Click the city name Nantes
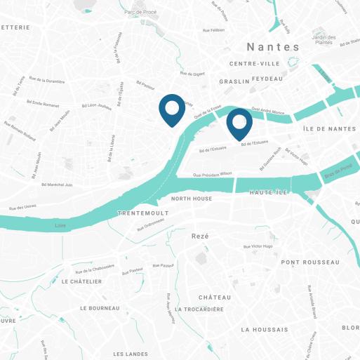pos(273,46)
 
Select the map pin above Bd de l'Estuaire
pos(239,124)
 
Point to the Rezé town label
pos(201,236)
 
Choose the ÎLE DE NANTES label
pos(329,129)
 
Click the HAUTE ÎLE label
pos(269,192)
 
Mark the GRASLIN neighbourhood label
pos(234,81)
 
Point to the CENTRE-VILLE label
pos(255,64)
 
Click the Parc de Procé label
pos(140,12)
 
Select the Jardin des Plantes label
pos(324,39)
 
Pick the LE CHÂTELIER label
pos(81,281)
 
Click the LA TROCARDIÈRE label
pos(199,309)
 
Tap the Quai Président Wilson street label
pos(212,174)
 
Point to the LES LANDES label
pos(131,354)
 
